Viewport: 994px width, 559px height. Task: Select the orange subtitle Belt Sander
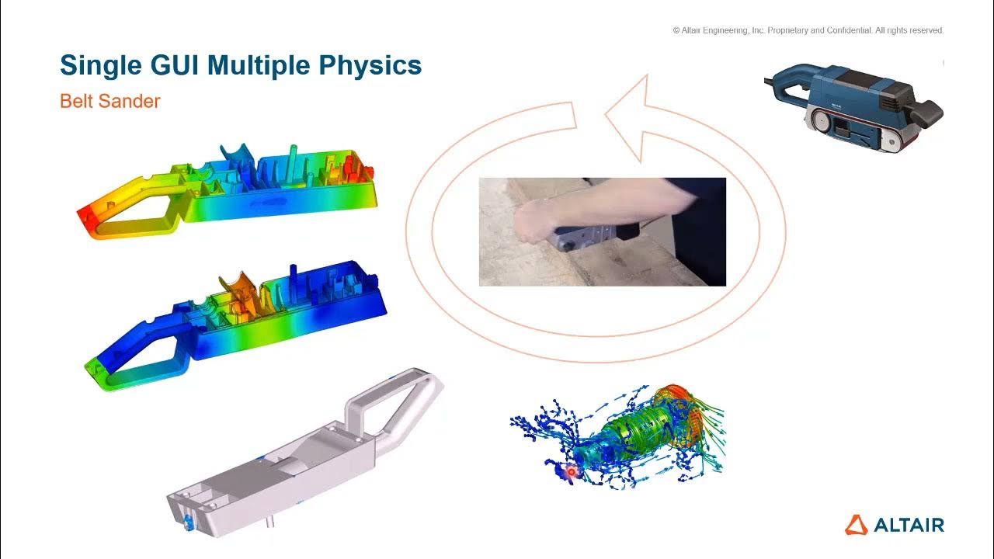pyautogui.click(x=109, y=101)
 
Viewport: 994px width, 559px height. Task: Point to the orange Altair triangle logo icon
pyautogui.click(x=857, y=525)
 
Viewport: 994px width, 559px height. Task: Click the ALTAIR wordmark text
pyautogui.click(x=909, y=526)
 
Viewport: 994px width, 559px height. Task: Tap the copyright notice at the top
pyautogui.click(x=808, y=30)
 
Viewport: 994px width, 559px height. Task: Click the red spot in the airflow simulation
pyautogui.click(x=572, y=470)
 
